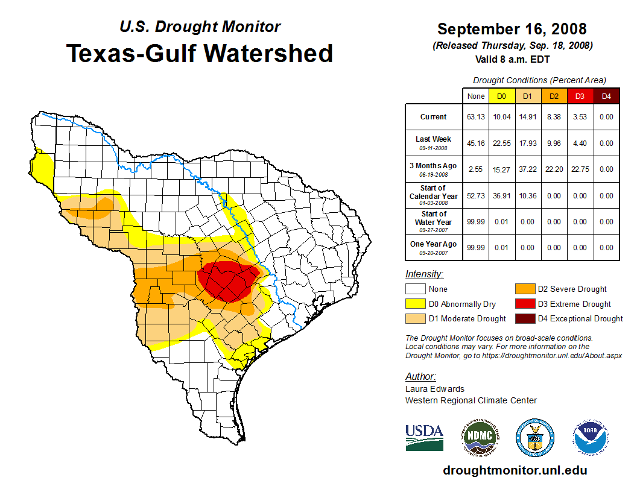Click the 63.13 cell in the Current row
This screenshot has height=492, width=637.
[x=476, y=117]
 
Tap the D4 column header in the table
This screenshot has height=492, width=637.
[x=606, y=96]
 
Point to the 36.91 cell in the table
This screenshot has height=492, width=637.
[x=502, y=196]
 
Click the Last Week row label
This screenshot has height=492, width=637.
[x=433, y=142]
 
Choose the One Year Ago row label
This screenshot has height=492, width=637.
[x=433, y=247]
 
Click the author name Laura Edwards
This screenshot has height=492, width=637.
[x=435, y=389]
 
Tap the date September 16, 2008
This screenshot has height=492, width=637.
[x=512, y=29]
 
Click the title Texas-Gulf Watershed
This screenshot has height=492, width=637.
[x=199, y=53]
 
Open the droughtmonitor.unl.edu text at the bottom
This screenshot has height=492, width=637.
[x=515, y=470]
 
